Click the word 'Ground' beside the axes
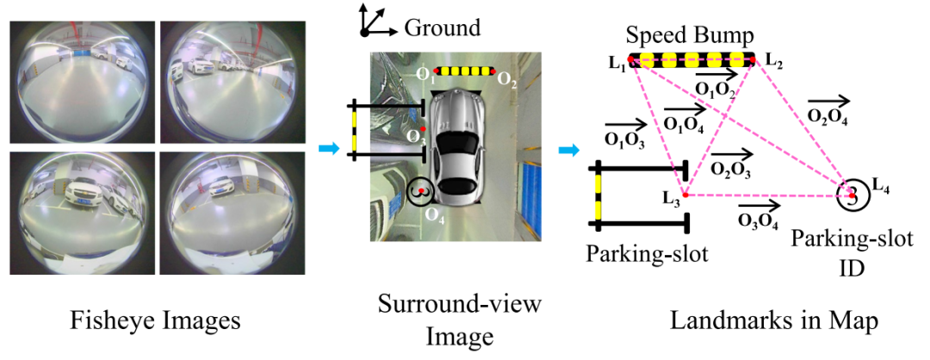pos(442,28)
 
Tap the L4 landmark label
pos(881,183)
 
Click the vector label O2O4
pos(828,116)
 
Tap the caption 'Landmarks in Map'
pos(774,321)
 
